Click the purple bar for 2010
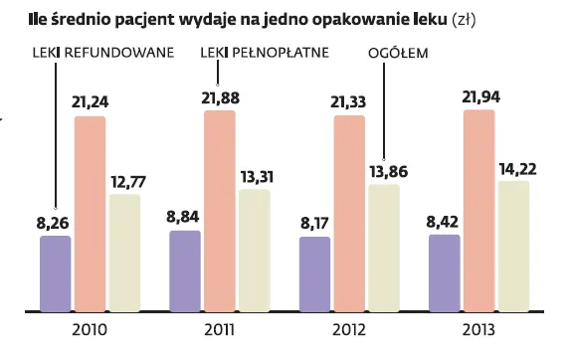(x=56, y=273)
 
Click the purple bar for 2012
(x=314, y=274)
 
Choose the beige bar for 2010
(x=124, y=253)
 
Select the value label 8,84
(x=186, y=216)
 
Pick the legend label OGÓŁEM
(x=397, y=54)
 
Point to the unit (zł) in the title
(x=465, y=19)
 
